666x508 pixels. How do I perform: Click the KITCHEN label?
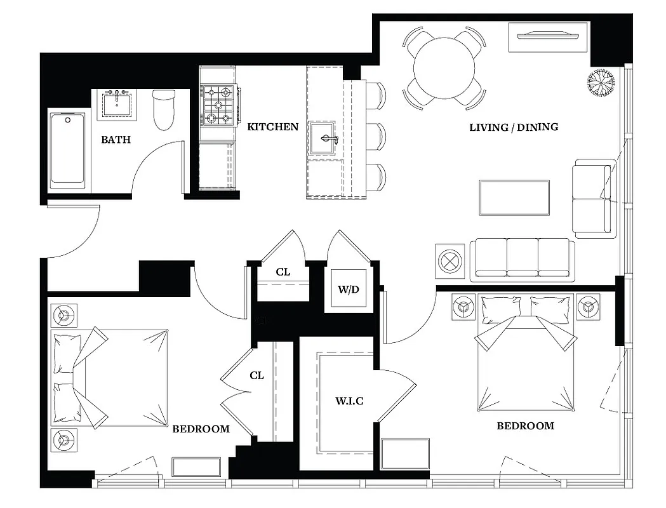272,127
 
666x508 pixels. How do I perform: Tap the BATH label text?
116,139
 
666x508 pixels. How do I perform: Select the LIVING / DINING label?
514,127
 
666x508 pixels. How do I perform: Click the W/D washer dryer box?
348,290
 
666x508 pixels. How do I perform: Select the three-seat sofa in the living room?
522,260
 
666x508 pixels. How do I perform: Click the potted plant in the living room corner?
601,81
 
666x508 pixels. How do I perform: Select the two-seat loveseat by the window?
594,199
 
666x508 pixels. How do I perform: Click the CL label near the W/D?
283,272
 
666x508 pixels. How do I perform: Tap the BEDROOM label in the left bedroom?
201,429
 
